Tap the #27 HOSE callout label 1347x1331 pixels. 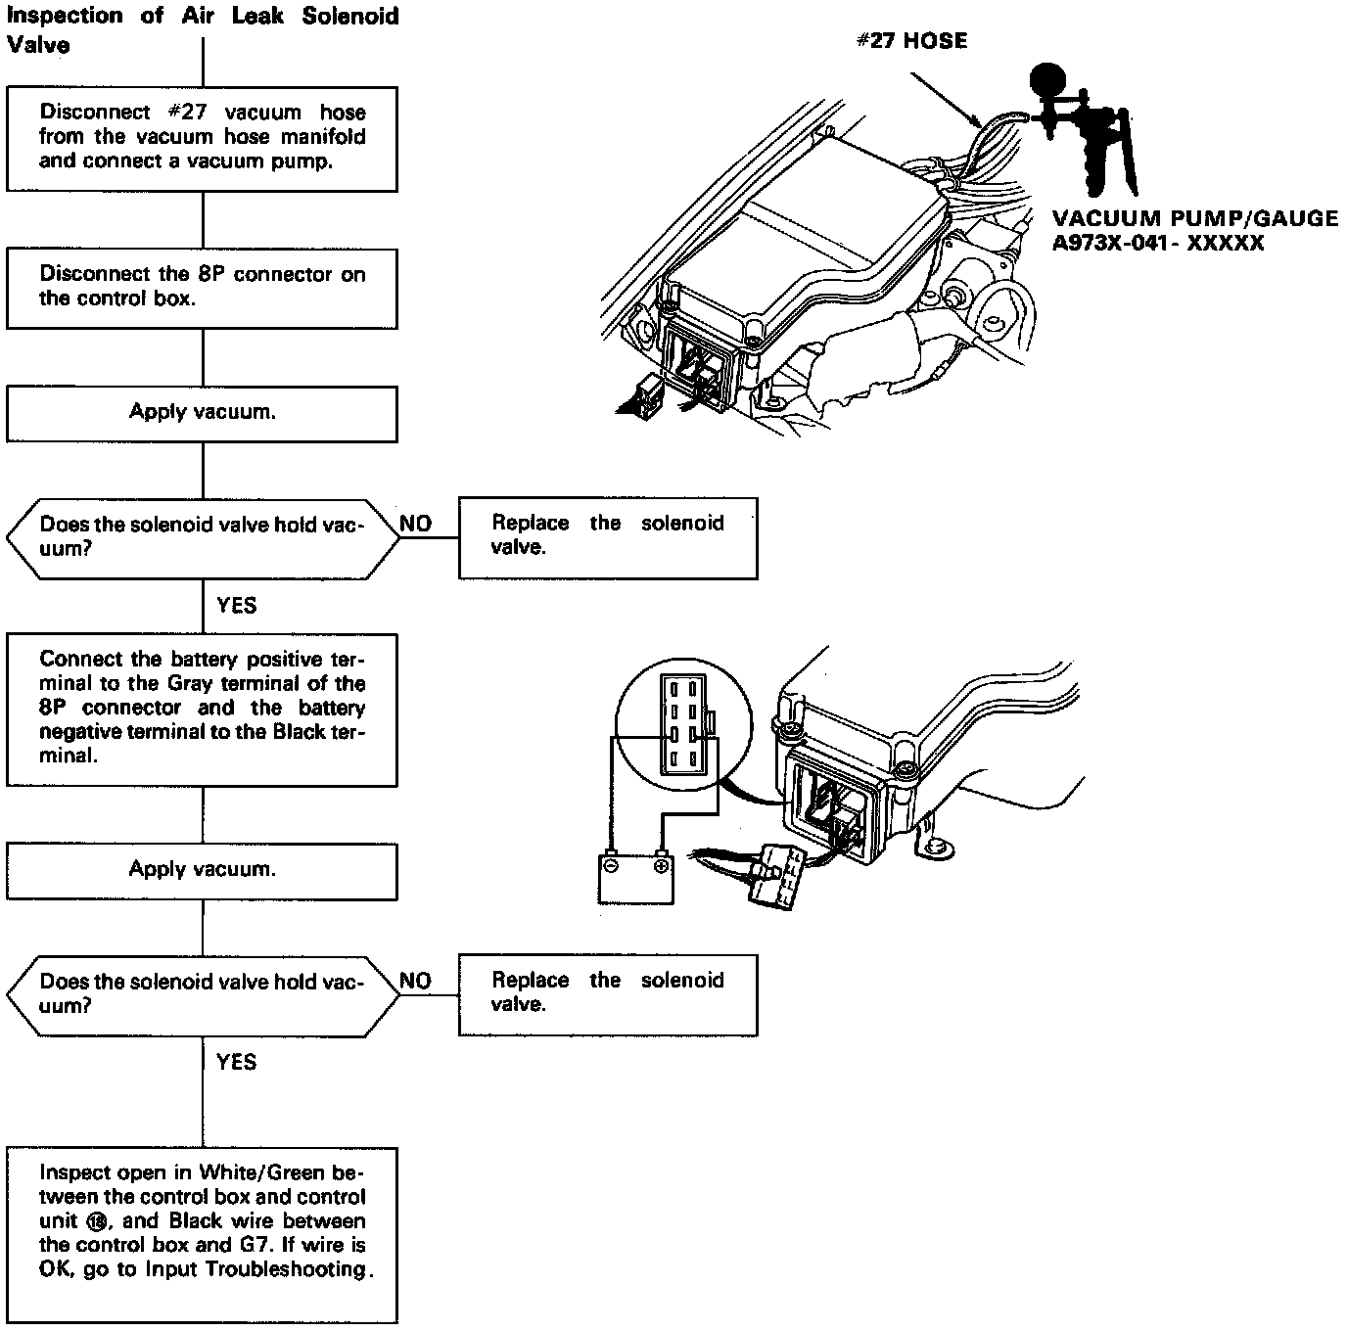click(x=911, y=41)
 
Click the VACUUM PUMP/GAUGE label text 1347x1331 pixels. click(x=1194, y=218)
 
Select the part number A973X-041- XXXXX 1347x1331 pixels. click(x=1158, y=243)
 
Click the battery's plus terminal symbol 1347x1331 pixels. click(x=662, y=866)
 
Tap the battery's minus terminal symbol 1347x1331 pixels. click(x=610, y=866)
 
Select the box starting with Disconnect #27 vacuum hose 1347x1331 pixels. click(x=202, y=137)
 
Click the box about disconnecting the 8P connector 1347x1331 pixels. click(x=202, y=288)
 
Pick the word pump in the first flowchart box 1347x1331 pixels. click(x=302, y=161)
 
